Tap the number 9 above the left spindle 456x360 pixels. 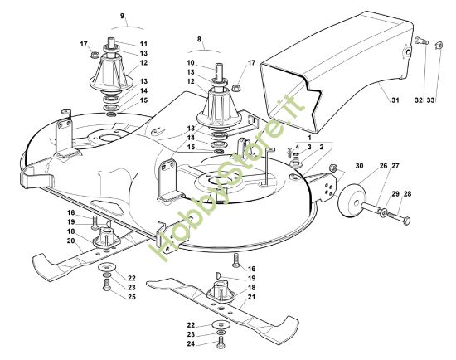click(x=122, y=16)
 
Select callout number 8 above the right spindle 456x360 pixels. click(x=199, y=39)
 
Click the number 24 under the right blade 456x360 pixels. click(x=192, y=343)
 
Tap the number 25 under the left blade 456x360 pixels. click(x=131, y=296)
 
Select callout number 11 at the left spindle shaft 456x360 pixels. click(x=143, y=43)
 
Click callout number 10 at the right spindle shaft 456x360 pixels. click(x=191, y=63)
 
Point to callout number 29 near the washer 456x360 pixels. click(x=395, y=194)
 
